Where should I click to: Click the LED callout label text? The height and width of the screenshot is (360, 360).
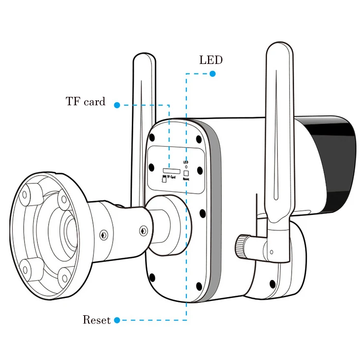pyautogui.click(x=210, y=60)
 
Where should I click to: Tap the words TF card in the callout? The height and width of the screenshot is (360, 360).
pyautogui.click(x=86, y=102)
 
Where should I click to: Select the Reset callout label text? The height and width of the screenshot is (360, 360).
pyautogui.click(x=96, y=320)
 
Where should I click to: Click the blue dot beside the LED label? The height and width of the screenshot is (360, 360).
pyautogui.click(x=212, y=74)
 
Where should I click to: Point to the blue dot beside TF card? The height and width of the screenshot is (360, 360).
pyautogui.click(x=117, y=105)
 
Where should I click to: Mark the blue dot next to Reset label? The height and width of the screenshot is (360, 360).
pyautogui.click(x=117, y=321)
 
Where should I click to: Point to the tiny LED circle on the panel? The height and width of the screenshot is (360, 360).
pyautogui.click(x=186, y=166)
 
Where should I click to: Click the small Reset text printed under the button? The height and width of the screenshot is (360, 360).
pyautogui.click(x=186, y=180)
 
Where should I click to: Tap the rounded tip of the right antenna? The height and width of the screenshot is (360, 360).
pyautogui.click(x=279, y=47)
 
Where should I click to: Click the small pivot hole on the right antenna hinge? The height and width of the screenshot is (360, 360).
pyautogui.click(x=271, y=252)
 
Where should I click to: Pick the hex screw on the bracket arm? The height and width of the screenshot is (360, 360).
pyautogui.click(x=143, y=230)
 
